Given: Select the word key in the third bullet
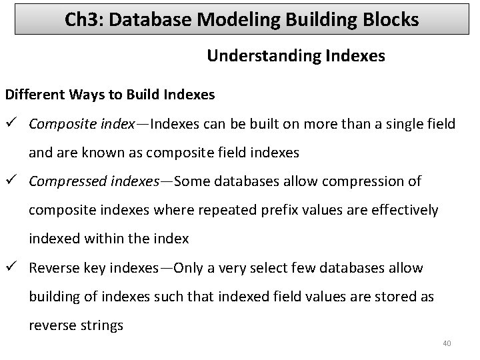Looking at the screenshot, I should pos(89,268).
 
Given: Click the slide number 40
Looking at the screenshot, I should pos(447,343).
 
